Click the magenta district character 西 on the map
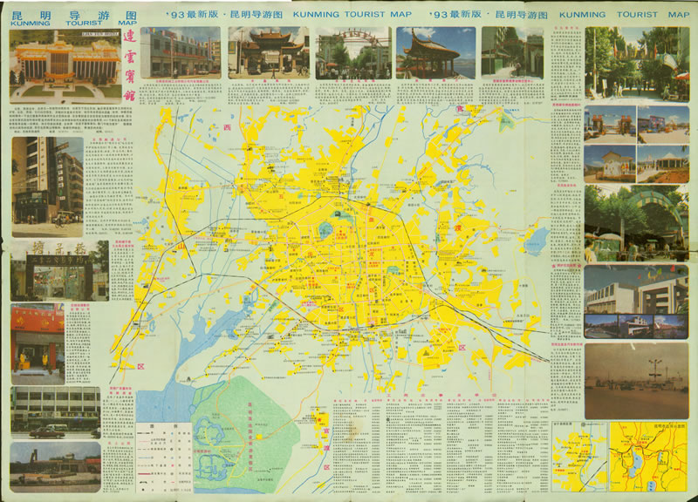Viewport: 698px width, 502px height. point(228,129)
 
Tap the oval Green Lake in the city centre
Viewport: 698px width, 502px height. point(325,231)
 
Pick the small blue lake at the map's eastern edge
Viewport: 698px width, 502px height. point(537,237)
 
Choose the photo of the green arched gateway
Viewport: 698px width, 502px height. point(635,221)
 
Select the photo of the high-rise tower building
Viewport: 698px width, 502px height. point(47,183)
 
